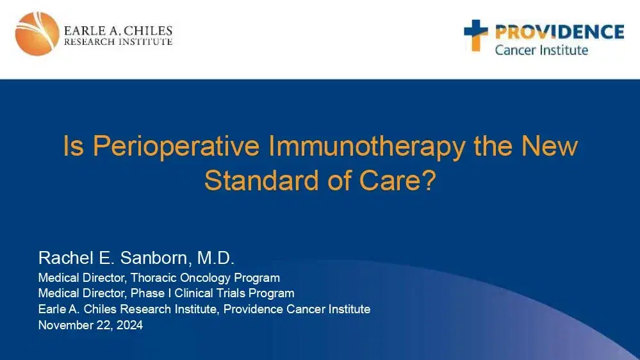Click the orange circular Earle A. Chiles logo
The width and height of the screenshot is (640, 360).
click(x=37, y=34)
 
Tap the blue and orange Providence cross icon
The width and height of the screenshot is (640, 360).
click(x=475, y=35)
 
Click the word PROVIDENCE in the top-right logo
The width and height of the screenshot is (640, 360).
click(x=556, y=31)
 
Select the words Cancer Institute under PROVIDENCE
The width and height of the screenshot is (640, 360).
click(x=541, y=49)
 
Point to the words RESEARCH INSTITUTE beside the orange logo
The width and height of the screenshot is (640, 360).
click(x=118, y=42)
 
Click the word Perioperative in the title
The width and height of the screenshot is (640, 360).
click(x=176, y=147)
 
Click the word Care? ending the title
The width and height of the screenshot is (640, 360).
click(x=402, y=181)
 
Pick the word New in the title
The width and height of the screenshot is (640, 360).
click(x=548, y=147)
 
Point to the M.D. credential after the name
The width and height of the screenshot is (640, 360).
click(x=216, y=258)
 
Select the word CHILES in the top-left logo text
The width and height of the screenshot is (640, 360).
click(x=148, y=30)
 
